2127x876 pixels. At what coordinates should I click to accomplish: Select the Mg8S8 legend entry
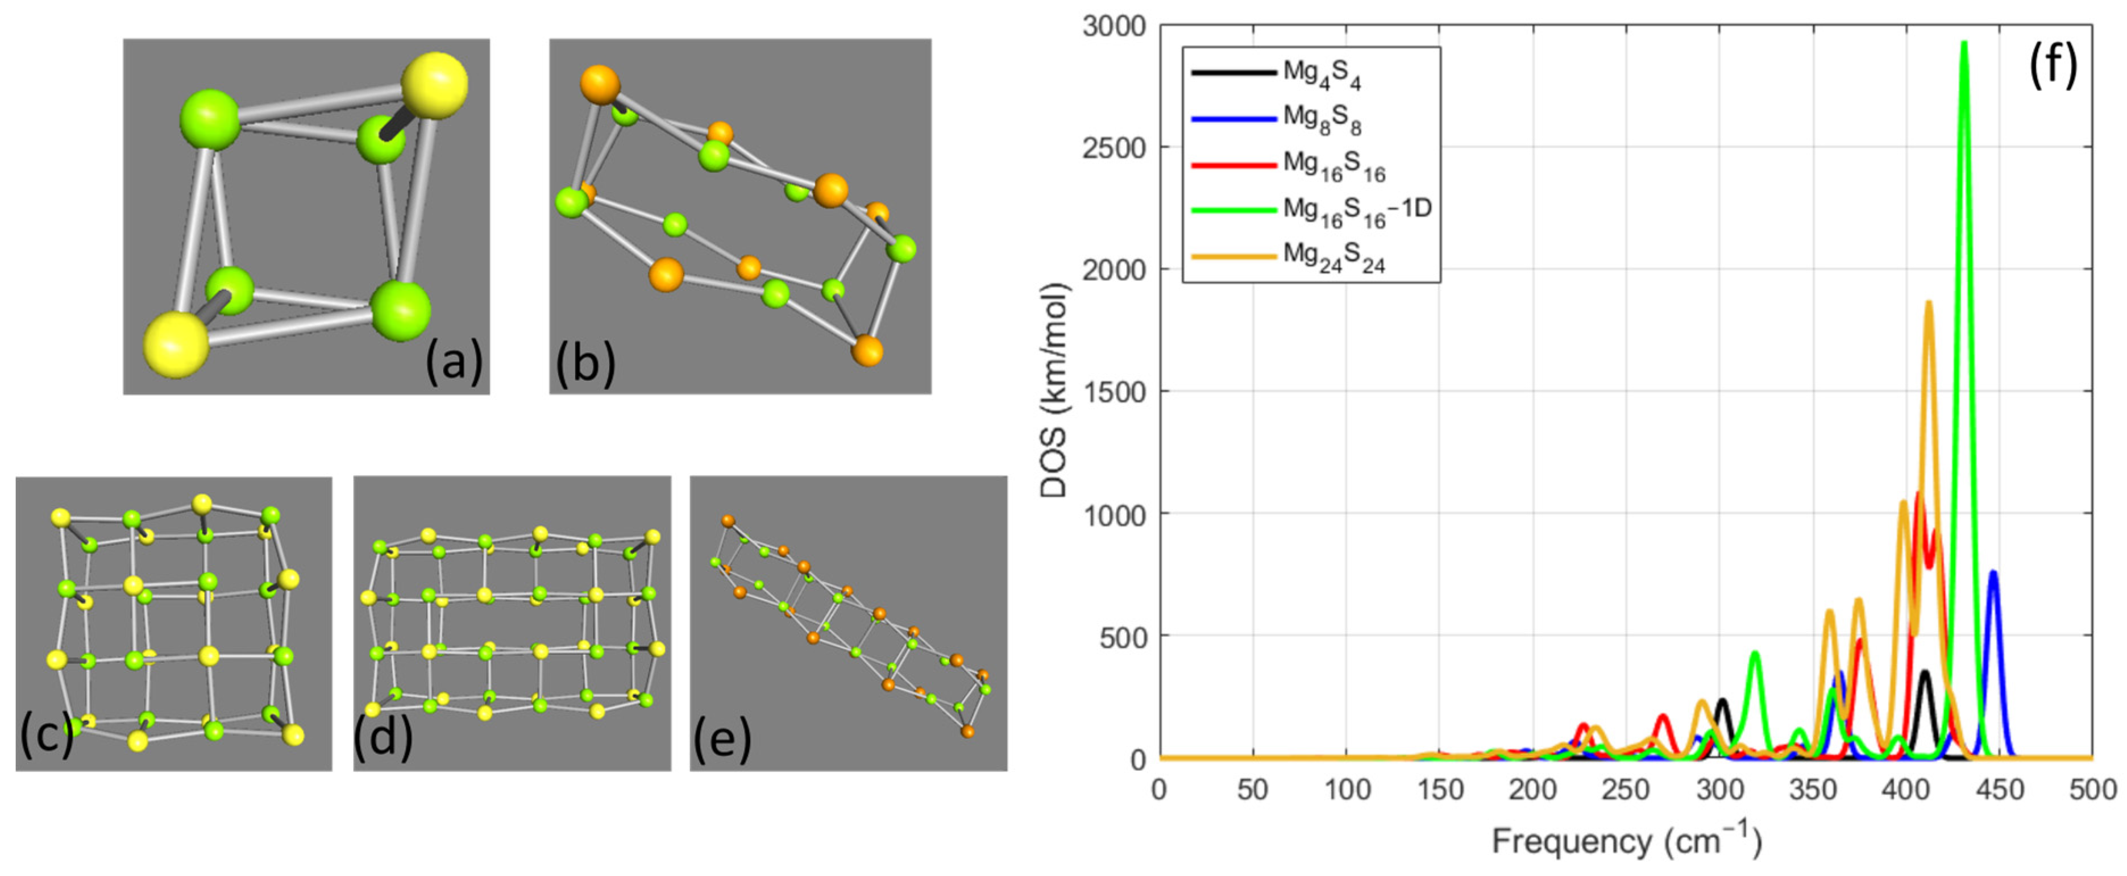pos(1320,120)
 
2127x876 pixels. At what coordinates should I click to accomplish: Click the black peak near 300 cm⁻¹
pos(1722,700)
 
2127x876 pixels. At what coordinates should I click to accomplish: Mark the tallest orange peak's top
pos(1929,303)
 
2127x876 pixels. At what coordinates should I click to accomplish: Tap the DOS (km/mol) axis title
pos(1054,390)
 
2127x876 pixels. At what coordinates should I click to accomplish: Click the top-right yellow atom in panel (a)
pos(434,84)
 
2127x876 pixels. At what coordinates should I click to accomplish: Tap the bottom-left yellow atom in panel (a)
pos(176,344)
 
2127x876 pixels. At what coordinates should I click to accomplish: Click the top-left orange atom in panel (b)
pos(600,84)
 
